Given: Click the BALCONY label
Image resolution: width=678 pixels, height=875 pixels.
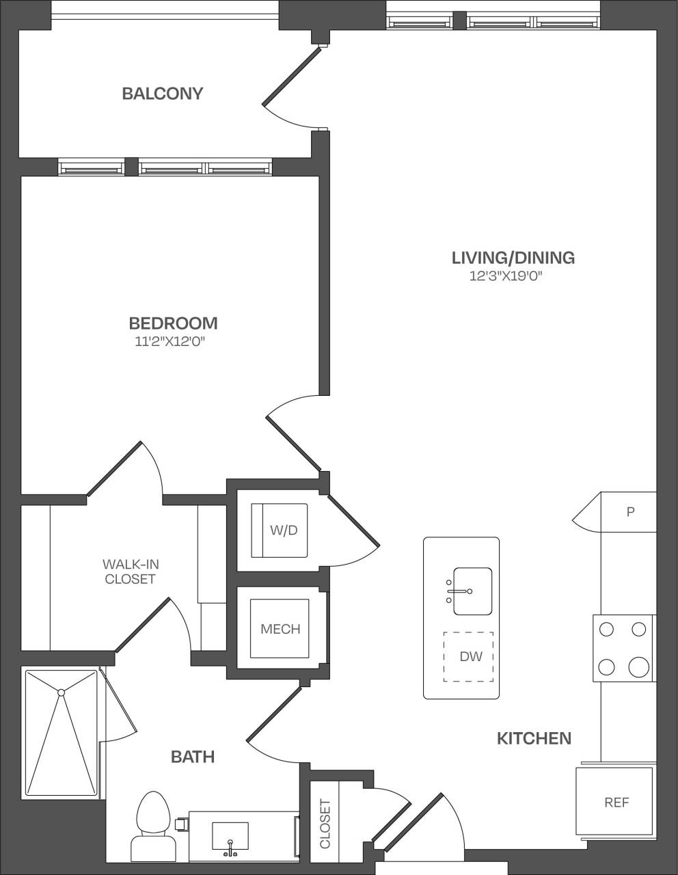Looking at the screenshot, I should click(x=162, y=94).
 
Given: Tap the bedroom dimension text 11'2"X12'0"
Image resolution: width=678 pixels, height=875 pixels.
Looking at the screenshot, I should click(x=170, y=342).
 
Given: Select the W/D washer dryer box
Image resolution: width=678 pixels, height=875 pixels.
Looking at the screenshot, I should click(x=280, y=530).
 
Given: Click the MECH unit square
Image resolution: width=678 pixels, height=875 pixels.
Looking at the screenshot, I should click(x=280, y=629).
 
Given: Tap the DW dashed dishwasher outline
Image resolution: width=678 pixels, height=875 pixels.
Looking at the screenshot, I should click(x=469, y=657).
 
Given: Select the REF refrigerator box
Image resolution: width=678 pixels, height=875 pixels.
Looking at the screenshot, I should click(x=615, y=803).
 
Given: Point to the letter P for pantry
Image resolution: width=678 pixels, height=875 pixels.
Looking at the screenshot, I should click(x=630, y=511).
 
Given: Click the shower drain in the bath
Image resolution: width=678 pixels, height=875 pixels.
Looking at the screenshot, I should click(x=61, y=692).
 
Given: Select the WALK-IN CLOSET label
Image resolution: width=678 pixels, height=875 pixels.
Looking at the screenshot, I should click(x=130, y=571).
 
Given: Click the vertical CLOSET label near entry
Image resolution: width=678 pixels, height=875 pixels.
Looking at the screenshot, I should click(x=325, y=824).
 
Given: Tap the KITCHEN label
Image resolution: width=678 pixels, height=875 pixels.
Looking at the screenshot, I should click(x=534, y=738).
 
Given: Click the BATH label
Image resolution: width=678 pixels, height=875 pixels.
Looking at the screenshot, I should click(x=193, y=757).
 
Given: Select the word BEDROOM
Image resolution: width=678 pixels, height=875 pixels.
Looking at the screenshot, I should click(x=173, y=323).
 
